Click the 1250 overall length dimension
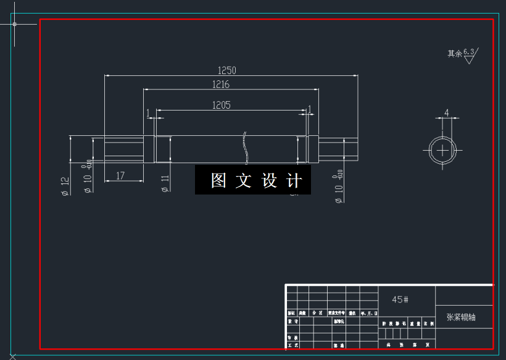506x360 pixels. [x=227, y=70]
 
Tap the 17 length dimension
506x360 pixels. [x=120, y=176]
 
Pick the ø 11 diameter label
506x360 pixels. [x=165, y=183]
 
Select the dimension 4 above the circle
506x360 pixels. [x=446, y=113]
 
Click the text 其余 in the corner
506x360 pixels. [x=454, y=54]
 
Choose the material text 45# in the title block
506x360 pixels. [x=400, y=299]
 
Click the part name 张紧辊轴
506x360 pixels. [x=462, y=317]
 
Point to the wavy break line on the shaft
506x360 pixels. [x=245, y=148]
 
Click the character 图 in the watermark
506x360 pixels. [x=218, y=180]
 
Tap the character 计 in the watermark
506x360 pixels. [x=295, y=180]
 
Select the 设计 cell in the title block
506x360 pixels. [x=293, y=322]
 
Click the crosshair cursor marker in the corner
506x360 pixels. [x=14, y=24]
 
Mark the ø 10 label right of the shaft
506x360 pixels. [x=338, y=190]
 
